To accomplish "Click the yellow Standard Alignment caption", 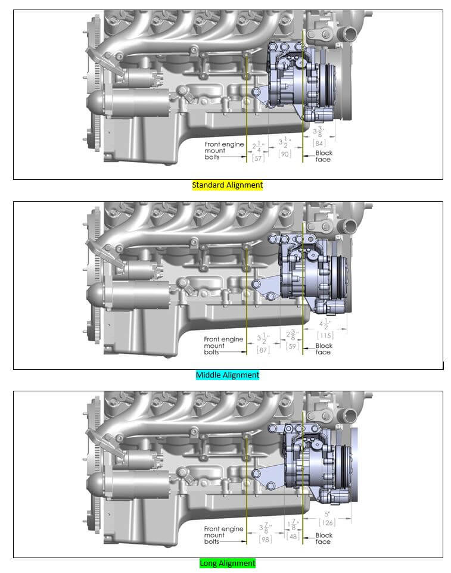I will click(227, 185).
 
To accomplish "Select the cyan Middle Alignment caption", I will click(228, 375).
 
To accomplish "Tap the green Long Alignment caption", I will click(228, 563).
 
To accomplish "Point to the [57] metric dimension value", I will click(258, 158).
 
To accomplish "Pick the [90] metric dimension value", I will click(285, 154).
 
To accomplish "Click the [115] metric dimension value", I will click(324, 335).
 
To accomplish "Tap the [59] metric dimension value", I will click(291, 346).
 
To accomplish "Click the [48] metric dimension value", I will click(293, 536).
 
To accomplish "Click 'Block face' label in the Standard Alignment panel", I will click(324, 156).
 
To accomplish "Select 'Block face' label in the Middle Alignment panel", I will click(324, 349).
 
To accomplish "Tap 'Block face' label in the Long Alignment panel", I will click(324, 538).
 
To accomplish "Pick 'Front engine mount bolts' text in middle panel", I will click(223, 345).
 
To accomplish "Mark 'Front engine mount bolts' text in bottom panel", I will click(223, 535).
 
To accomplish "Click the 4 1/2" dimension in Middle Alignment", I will click(325, 325).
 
